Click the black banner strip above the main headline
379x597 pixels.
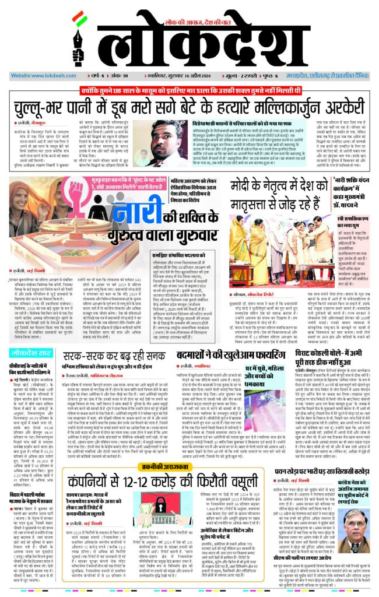coord(189,93)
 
